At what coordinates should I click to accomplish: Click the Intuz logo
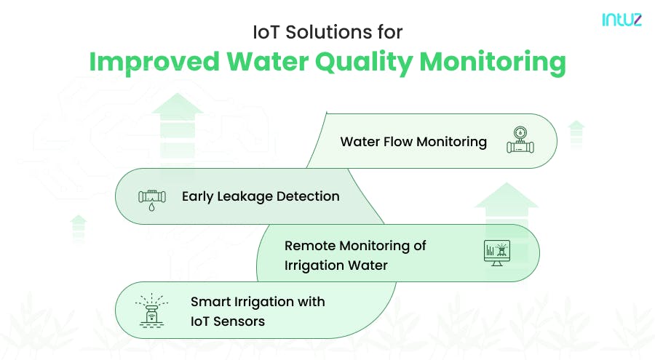[x=622, y=21]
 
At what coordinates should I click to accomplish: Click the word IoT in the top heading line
[x=264, y=33]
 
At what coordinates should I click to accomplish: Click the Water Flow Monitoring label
[x=413, y=141]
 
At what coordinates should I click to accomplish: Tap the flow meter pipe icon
[x=520, y=141]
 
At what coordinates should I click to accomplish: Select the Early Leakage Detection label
[x=261, y=196]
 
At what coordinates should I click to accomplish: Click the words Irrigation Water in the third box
[x=336, y=265]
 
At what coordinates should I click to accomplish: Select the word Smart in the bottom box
[x=209, y=302]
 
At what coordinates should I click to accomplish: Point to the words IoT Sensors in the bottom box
[x=228, y=321]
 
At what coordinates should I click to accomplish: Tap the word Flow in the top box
[x=397, y=141]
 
